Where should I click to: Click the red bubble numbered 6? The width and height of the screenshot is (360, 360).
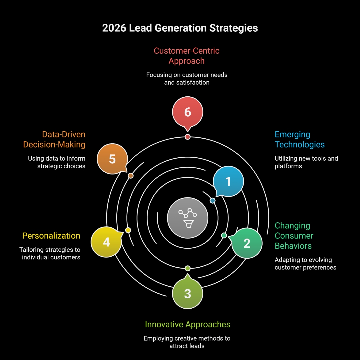(188, 112)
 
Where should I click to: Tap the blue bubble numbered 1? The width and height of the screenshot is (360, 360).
(228, 182)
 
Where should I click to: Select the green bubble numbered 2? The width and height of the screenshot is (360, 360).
(247, 243)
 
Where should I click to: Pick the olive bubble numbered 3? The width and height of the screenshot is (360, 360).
(188, 293)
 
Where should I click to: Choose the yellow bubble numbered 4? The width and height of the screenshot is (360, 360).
(106, 242)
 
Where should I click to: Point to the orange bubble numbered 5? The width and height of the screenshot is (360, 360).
(112, 159)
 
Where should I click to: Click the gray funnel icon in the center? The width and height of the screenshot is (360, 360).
(188, 218)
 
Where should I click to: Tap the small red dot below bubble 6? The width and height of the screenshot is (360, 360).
(188, 137)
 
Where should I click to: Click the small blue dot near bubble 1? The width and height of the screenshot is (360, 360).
(213, 201)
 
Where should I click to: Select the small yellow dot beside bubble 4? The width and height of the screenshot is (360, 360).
(128, 230)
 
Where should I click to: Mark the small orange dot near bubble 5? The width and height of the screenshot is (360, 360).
(131, 176)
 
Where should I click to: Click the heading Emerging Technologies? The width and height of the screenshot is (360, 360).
(299, 140)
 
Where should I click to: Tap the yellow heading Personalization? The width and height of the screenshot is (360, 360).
(51, 236)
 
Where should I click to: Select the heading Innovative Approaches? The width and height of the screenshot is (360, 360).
(187, 324)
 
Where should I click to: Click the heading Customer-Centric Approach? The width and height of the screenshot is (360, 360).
(187, 56)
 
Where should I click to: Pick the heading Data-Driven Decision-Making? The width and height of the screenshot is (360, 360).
(54, 140)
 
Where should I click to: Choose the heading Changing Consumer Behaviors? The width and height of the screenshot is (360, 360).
(294, 236)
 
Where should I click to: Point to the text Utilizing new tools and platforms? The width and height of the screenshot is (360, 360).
(306, 162)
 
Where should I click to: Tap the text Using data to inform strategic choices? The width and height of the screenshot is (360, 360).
(57, 162)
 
